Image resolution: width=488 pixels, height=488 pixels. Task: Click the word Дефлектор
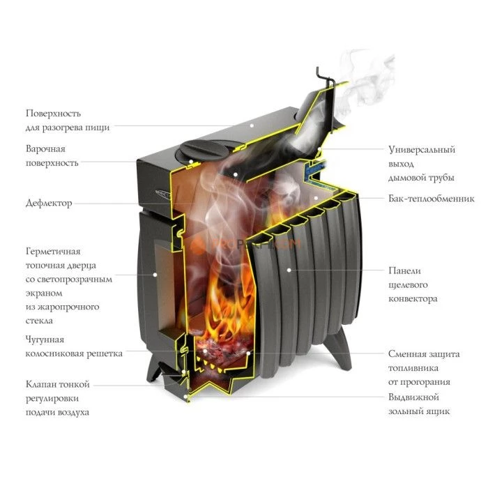click(49, 204)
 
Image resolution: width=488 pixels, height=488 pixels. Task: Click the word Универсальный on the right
click(422, 150)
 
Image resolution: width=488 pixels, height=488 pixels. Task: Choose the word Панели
click(404, 270)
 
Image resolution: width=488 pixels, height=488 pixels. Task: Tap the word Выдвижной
click(413, 397)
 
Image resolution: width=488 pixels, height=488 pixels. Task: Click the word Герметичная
click(53, 252)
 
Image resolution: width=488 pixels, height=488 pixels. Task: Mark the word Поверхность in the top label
click(54, 113)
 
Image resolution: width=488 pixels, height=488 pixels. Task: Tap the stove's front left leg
click(153, 369)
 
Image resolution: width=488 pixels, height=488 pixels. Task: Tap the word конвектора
click(413, 299)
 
